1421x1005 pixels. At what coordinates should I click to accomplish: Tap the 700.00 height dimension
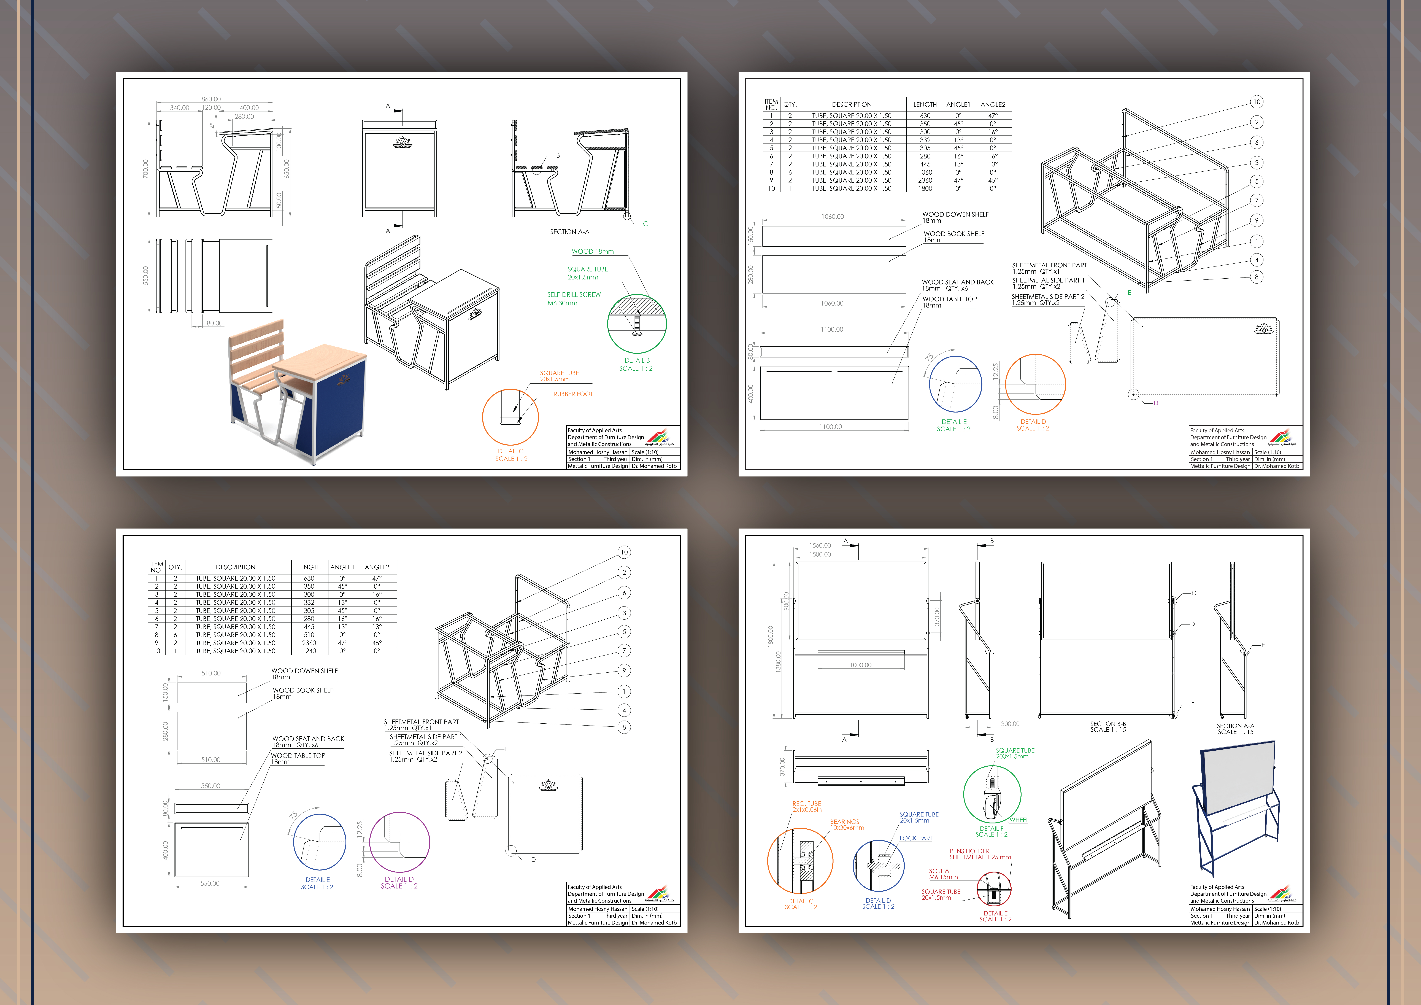(146, 169)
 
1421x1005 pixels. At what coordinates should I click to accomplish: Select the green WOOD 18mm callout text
(592, 251)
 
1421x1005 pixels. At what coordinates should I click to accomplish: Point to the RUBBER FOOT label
(572, 394)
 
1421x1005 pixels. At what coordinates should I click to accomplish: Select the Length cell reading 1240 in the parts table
(309, 651)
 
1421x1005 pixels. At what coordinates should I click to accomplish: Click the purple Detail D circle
(399, 842)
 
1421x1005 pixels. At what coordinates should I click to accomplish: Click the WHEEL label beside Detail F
(1019, 820)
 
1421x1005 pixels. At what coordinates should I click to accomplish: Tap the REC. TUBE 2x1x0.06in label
(806, 806)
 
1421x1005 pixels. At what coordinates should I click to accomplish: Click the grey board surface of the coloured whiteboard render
(1238, 777)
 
